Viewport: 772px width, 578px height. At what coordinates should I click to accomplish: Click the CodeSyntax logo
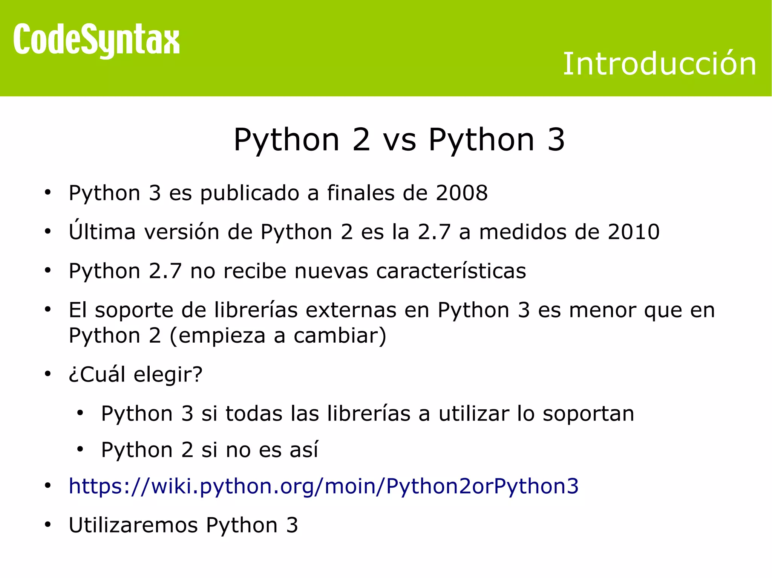click(x=96, y=40)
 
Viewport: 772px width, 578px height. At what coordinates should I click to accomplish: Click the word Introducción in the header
click(x=659, y=64)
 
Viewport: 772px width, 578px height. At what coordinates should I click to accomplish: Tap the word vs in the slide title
click(x=400, y=140)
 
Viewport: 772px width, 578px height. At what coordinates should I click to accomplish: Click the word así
click(x=304, y=450)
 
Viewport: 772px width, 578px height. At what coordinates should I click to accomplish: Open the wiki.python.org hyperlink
click(x=323, y=486)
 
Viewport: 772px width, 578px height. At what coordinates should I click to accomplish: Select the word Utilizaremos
click(x=133, y=525)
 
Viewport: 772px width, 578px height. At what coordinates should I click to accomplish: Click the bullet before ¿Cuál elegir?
click(x=47, y=374)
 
